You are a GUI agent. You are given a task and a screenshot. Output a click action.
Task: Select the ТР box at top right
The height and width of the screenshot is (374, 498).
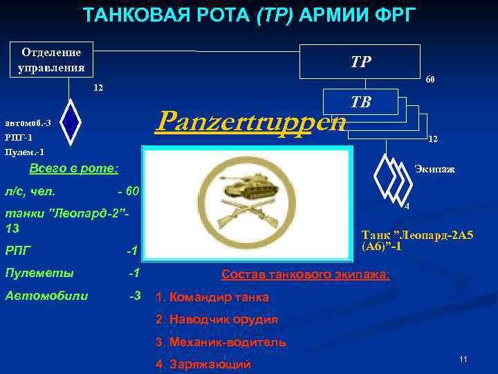[x=360, y=62]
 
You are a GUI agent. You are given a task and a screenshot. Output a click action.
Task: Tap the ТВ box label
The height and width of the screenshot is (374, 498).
[x=360, y=102]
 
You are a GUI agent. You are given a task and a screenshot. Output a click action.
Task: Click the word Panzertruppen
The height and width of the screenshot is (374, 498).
[x=250, y=121]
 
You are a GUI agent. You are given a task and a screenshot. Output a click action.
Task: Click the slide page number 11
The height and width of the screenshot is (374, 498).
[x=463, y=359]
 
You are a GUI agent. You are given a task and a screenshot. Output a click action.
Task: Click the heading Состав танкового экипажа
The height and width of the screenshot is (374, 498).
[x=305, y=275]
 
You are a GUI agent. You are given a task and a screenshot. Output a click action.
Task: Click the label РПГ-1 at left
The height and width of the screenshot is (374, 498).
[x=21, y=137]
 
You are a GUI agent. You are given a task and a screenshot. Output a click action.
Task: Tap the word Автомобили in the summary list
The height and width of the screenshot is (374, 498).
[x=46, y=296]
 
